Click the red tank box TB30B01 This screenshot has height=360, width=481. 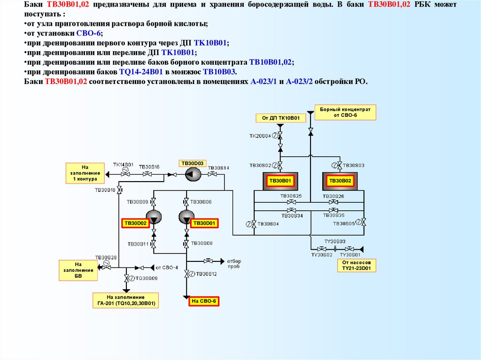coord(280,181)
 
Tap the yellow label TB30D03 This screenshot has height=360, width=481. coord(192,163)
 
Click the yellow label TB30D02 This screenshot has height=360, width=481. coord(135,223)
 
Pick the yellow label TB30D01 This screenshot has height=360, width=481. coord(204,223)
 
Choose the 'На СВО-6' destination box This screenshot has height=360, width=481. coord(204,301)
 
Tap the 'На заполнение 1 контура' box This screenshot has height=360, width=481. coord(85,173)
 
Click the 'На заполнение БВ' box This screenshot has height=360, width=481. coord(78,270)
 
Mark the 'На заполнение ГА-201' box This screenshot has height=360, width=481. coord(125,301)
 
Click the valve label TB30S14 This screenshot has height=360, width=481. coord(218,168)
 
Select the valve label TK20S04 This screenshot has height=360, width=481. coord(260,136)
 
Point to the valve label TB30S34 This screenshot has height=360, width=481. coord(292,215)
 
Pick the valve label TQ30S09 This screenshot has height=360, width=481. coord(147,278)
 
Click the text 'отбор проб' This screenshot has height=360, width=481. coord(233,263)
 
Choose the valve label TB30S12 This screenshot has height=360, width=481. coord(206,274)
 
